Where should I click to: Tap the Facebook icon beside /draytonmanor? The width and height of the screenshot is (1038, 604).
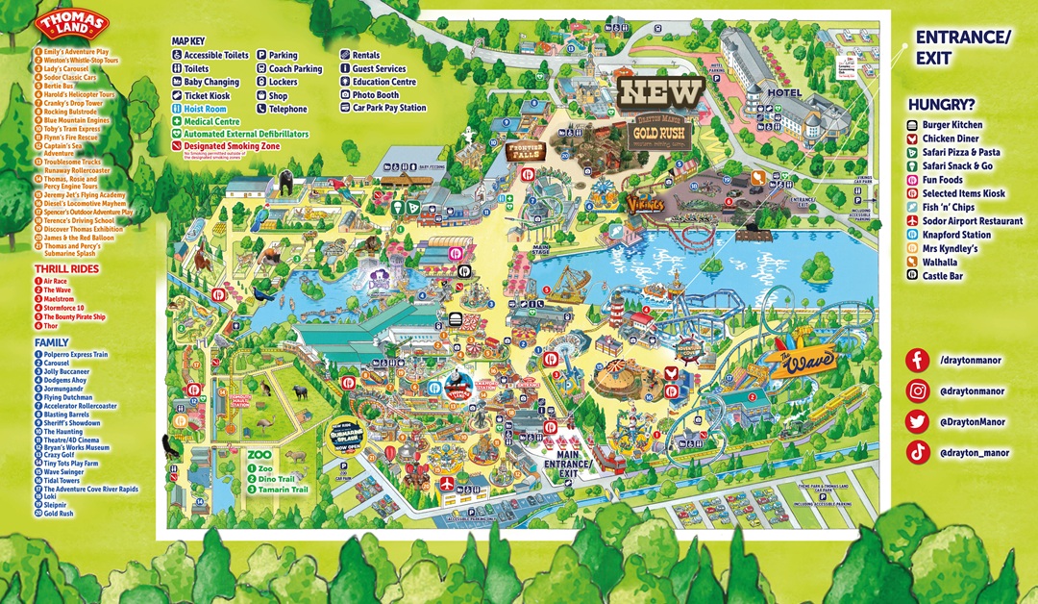918,359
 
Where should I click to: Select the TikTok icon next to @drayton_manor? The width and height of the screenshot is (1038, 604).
918,452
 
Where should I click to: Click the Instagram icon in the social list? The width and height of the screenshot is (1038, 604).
918,390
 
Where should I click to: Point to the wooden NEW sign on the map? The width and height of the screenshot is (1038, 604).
660,93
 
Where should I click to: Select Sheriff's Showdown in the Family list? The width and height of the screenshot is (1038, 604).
70,422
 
